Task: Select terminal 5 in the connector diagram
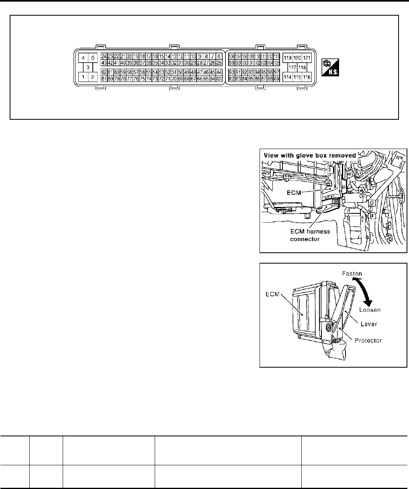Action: pos(92,58)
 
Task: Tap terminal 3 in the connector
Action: pos(87,68)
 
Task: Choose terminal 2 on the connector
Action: pos(92,77)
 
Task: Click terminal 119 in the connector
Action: pos(288,58)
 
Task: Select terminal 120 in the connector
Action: pos(297,58)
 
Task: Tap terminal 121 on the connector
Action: pos(307,58)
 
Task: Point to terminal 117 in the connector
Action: pos(292,67)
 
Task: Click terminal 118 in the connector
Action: pos(302,67)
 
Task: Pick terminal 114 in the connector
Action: pos(288,77)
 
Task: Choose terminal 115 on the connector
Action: pos(297,77)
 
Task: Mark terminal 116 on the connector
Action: pos(307,77)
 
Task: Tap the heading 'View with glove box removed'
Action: pos(309,155)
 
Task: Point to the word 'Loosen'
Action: pos(370,310)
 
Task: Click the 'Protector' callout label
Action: pos(368,340)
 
